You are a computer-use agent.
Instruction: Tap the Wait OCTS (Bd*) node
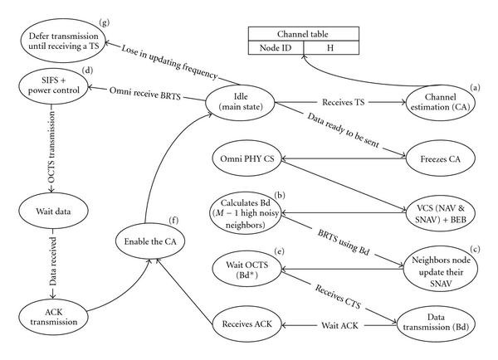[248, 268]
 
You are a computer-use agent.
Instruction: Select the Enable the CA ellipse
[149, 240]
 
